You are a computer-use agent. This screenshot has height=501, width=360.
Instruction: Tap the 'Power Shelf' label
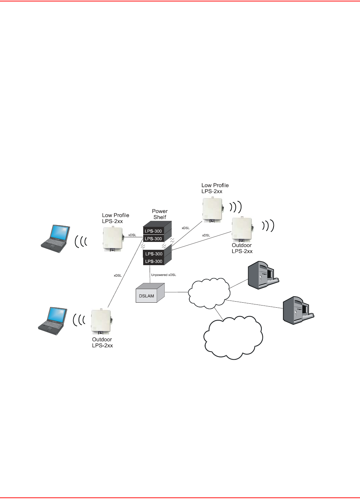click(160, 214)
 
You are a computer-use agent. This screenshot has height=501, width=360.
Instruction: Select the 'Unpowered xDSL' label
click(164, 275)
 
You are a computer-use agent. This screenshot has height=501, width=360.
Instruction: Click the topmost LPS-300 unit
click(154, 231)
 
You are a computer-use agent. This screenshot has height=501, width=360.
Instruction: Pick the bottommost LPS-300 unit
click(154, 261)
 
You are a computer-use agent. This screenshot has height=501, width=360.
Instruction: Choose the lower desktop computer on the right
click(298, 309)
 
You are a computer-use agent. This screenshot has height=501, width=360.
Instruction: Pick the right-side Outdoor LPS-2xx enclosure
click(242, 229)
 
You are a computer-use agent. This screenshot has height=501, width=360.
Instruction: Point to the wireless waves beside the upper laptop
click(81, 242)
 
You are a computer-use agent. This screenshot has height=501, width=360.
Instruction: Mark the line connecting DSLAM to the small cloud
click(176, 292)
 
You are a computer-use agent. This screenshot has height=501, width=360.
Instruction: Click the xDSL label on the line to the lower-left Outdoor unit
click(117, 276)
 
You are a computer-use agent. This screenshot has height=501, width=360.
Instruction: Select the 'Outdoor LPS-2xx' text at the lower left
click(102, 342)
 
